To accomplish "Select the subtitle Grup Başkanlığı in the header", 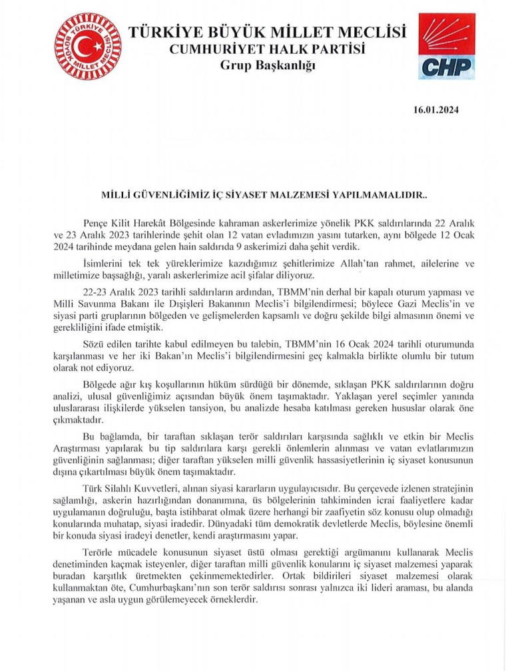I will tap(267, 65).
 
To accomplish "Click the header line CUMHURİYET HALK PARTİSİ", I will tap(267, 49).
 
